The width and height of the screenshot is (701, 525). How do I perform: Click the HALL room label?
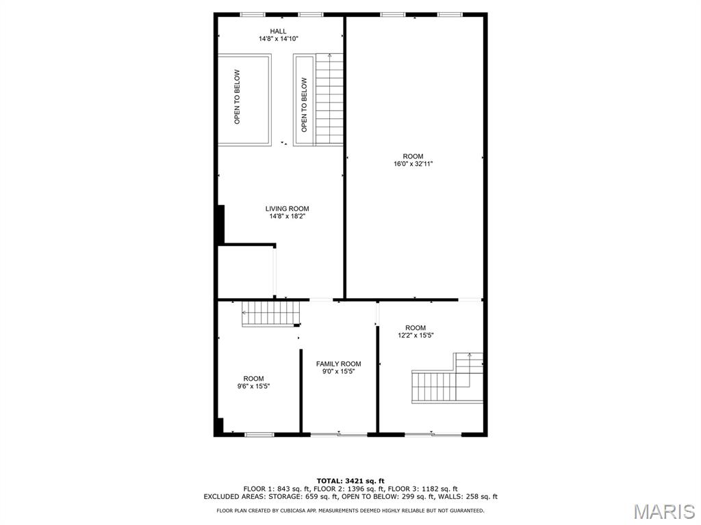tap(278, 31)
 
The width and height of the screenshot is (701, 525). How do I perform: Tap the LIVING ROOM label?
tap(287, 208)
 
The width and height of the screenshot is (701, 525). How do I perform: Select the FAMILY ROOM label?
tap(338, 364)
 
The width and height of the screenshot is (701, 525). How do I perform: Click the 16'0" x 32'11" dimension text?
tap(413, 164)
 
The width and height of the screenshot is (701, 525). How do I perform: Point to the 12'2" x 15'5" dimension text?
tap(416, 336)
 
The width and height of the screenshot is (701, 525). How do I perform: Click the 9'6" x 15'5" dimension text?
tap(253, 387)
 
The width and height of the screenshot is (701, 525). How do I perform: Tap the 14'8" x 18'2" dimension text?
tap(287, 217)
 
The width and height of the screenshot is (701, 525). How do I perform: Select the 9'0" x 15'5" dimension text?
tap(338, 372)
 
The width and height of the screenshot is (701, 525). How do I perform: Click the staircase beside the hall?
tap(329, 99)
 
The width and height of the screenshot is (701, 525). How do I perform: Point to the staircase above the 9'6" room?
tap(271, 314)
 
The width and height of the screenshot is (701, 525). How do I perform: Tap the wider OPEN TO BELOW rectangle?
tap(244, 99)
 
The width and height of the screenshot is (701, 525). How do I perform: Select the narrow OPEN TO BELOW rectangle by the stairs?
tap(304, 100)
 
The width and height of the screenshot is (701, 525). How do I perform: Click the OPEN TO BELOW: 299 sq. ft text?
tap(381, 497)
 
